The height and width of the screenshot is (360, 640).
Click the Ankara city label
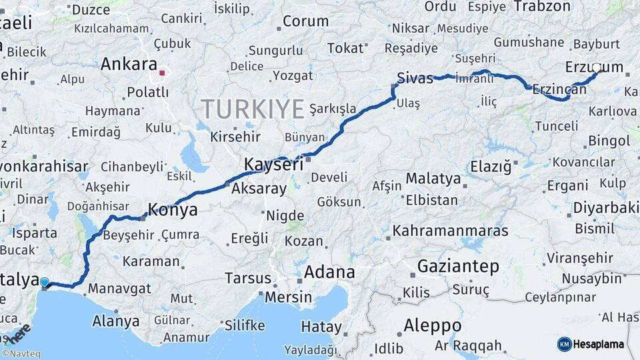pos(129,65)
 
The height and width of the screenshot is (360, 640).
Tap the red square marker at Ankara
pos(162,72)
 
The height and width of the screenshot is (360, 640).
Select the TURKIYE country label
pos(253,108)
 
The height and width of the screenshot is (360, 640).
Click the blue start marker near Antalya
pos(45,283)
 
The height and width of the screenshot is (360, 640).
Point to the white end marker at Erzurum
pos(597,68)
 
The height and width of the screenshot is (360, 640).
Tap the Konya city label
pos(173,210)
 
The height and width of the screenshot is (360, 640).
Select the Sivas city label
pos(415,77)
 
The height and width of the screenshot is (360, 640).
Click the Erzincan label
pos(559,89)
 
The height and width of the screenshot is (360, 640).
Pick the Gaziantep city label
pos(458,267)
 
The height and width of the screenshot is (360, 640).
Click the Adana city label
pos(329,272)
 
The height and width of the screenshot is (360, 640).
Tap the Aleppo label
pos(432,325)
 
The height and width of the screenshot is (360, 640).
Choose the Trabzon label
pos(543,7)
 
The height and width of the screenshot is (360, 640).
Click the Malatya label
pos(433,179)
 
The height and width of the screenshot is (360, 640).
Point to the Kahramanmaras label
pos(451,231)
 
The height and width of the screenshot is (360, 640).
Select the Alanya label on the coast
pos(116,321)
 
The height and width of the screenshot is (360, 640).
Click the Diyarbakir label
pos(605,208)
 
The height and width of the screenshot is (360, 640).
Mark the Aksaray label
pos(259,189)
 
